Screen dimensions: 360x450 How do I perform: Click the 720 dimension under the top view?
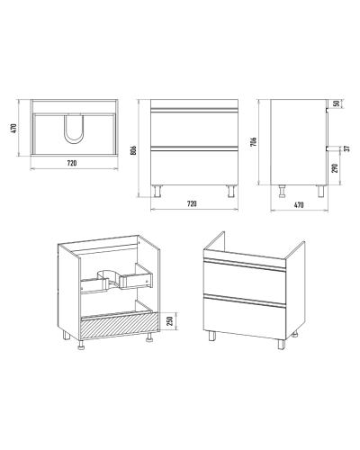[x=72, y=163]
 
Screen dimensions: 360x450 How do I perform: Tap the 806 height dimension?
[x=134, y=150]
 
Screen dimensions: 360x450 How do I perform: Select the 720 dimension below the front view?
[x=192, y=204]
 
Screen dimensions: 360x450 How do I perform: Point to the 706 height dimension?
[x=254, y=141]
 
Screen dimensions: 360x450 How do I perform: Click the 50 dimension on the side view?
[x=337, y=103]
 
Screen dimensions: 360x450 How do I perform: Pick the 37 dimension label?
[x=346, y=148]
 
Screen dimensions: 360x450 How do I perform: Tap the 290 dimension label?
[x=336, y=168]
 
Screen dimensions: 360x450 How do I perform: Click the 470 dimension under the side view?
[x=299, y=205]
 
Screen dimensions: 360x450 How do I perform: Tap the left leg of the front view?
[x=157, y=192]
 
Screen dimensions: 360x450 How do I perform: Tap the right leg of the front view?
[x=231, y=192]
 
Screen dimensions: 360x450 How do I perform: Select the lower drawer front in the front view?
[x=194, y=166]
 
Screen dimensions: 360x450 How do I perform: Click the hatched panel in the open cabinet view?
[x=120, y=327]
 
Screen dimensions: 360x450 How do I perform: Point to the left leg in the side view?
[x=282, y=192]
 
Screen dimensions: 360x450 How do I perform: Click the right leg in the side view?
[x=321, y=192]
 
